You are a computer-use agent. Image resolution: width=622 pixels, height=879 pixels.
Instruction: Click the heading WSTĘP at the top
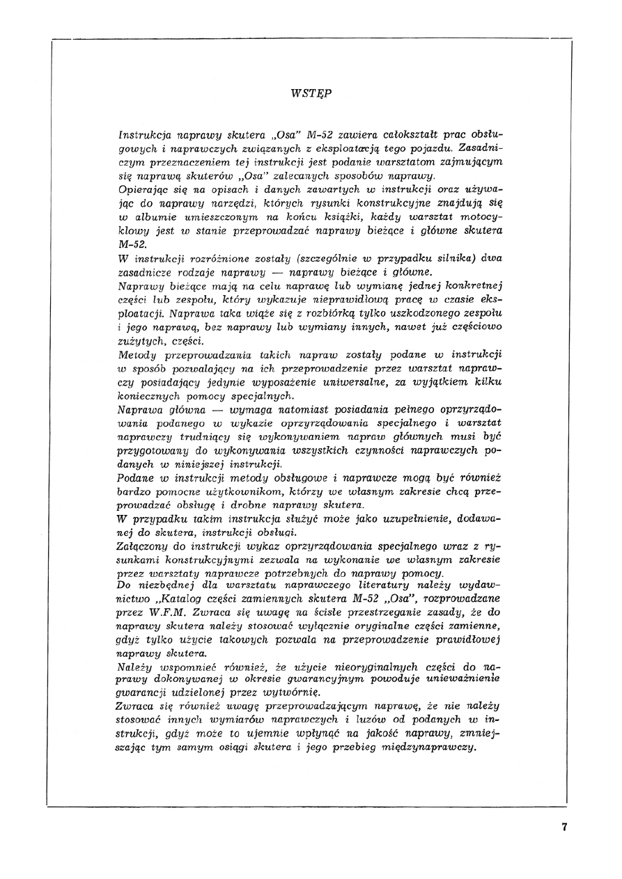[x=311, y=93]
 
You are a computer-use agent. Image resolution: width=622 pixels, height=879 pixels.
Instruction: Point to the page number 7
[x=564, y=827]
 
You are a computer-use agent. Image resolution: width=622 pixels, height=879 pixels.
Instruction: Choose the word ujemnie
[x=269, y=734]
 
